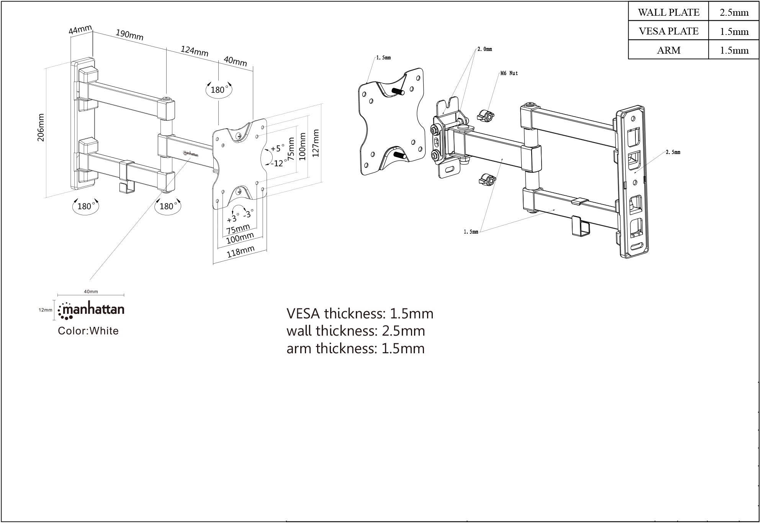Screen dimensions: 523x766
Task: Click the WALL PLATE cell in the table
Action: point(668,12)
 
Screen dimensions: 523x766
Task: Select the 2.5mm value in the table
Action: point(734,12)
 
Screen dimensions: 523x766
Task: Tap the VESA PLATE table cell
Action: point(668,31)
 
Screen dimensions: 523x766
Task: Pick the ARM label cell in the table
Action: point(668,50)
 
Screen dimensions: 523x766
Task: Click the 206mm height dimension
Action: point(41,128)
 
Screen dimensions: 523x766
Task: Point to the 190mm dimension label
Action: point(129,35)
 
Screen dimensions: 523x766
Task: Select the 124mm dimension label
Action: point(194,51)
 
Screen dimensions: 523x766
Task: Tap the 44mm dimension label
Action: point(80,29)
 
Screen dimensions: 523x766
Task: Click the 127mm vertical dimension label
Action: point(316,143)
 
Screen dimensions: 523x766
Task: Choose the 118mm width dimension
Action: point(241,252)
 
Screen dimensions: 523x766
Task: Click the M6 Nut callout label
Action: point(509,73)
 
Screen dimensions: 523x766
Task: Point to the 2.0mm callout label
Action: point(484,49)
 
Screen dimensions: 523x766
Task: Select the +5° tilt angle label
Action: point(278,148)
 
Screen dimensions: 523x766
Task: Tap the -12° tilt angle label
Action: point(279,163)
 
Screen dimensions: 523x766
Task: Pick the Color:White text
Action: point(88,331)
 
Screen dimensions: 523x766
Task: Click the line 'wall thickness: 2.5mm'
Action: point(355,331)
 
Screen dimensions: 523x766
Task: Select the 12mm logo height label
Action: point(45,310)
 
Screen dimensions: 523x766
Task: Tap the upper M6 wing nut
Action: point(486,116)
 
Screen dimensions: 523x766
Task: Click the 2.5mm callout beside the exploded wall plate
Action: point(673,152)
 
